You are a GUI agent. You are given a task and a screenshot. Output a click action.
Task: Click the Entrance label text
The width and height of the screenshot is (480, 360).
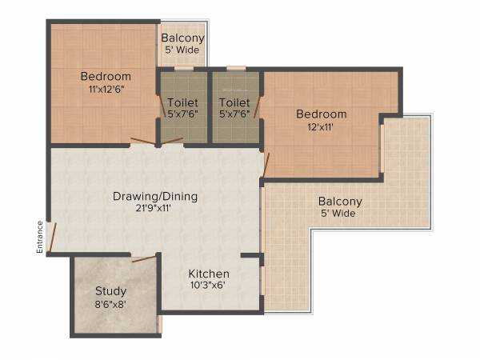[38, 238]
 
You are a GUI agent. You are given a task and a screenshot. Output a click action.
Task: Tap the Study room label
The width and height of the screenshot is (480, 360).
[110, 290]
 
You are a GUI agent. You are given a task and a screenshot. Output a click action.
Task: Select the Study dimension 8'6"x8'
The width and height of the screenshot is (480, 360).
[110, 304]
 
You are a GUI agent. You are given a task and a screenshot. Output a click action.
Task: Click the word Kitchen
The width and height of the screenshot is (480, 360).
[209, 274]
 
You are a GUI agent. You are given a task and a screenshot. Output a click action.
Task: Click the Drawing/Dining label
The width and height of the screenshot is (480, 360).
[155, 196]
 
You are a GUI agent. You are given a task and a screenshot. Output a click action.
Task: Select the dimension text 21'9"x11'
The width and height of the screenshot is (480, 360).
[155, 209]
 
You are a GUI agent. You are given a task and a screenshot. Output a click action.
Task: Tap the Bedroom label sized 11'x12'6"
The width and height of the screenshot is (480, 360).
[106, 76]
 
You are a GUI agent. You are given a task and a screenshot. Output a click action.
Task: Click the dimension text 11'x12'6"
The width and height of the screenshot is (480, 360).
[106, 90]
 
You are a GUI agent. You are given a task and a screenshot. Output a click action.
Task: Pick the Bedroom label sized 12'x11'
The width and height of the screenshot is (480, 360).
[321, 114]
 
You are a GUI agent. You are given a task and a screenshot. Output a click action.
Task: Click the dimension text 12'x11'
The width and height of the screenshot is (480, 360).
[321, 126]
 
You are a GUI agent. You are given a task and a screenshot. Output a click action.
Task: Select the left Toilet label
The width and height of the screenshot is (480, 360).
[182, 102]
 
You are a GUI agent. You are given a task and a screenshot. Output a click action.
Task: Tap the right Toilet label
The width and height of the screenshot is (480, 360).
[234, 102]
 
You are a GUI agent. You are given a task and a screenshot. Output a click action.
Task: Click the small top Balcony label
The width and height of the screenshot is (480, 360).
[182, 38]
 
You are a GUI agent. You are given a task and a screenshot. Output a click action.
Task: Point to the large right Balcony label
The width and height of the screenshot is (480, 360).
[340, 201]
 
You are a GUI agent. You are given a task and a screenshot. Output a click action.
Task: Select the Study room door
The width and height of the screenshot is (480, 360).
[144, 258]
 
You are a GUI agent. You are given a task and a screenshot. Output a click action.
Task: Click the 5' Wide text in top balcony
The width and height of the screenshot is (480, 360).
[182, 50]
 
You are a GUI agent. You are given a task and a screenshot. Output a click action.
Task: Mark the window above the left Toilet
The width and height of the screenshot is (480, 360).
[184, 69]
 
